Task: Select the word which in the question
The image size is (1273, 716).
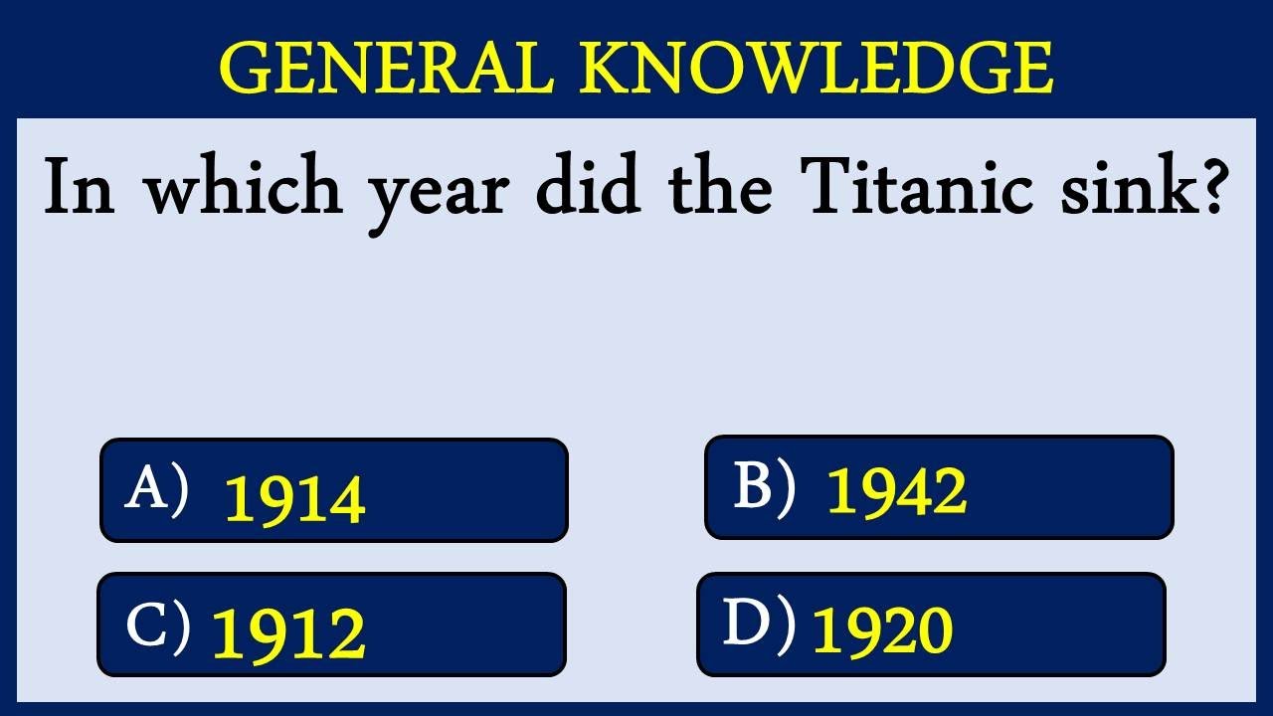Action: pyautogui.click(x=244, y=189)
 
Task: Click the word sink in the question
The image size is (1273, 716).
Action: pyautogui.click(x=1118, y=189)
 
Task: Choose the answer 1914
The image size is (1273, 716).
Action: pyautogui.click(x=295, y=499)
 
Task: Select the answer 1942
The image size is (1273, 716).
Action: pyautogui.click(x=896, y=491)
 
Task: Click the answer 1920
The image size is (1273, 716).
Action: pyautogui.click(x=883, y=630)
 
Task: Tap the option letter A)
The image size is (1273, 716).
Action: pyautogui.click(x=156, y=490)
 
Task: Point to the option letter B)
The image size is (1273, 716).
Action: pyautogui.click(x=764, y=487)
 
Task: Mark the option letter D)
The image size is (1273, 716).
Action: pyautogui.click(x=758, y=625)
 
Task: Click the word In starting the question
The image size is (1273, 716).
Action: pyautogui.click(x=80, y=189)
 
